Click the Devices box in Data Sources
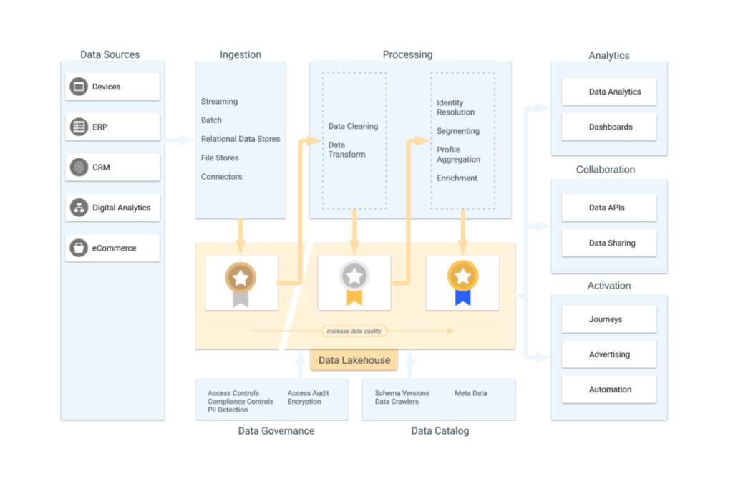[112, 87]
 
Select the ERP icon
[79, 127]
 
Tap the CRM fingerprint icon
[79, 168]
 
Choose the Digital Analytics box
[112, 208]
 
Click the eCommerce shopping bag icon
[79, 248]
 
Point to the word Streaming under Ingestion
[219, 102]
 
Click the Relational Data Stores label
[241, 139]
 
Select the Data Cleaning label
[353, 126]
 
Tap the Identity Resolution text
[456, 107]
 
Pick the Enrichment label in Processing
[457, 178]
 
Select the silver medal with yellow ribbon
[354, 284]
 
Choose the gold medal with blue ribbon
[463, 284]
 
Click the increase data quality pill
[354, 331]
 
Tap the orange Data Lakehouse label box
[354, 360]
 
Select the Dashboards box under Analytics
[609, 127]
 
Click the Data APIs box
[609, 208]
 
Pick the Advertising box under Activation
[609, 354]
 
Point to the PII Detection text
[228, 410]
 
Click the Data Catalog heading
[440, 431]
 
